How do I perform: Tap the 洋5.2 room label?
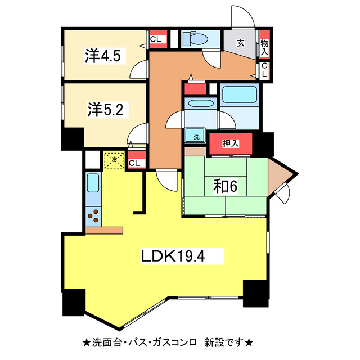click(x=105, y=109)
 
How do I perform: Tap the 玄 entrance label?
click(x=240, y=42)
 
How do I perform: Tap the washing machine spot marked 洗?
click(x=197, y=136)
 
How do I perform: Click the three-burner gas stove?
click(x=93, y=216)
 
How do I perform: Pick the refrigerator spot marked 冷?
click(x=114, y=160)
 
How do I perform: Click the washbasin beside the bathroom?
click(x=200, y=104)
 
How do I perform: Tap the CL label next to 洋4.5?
click(x=157, y=39)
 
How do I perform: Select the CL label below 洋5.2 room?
click(x=135, y=163)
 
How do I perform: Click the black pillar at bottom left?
click(x=73, y=304)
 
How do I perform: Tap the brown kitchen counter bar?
click(x=104, y=229)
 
